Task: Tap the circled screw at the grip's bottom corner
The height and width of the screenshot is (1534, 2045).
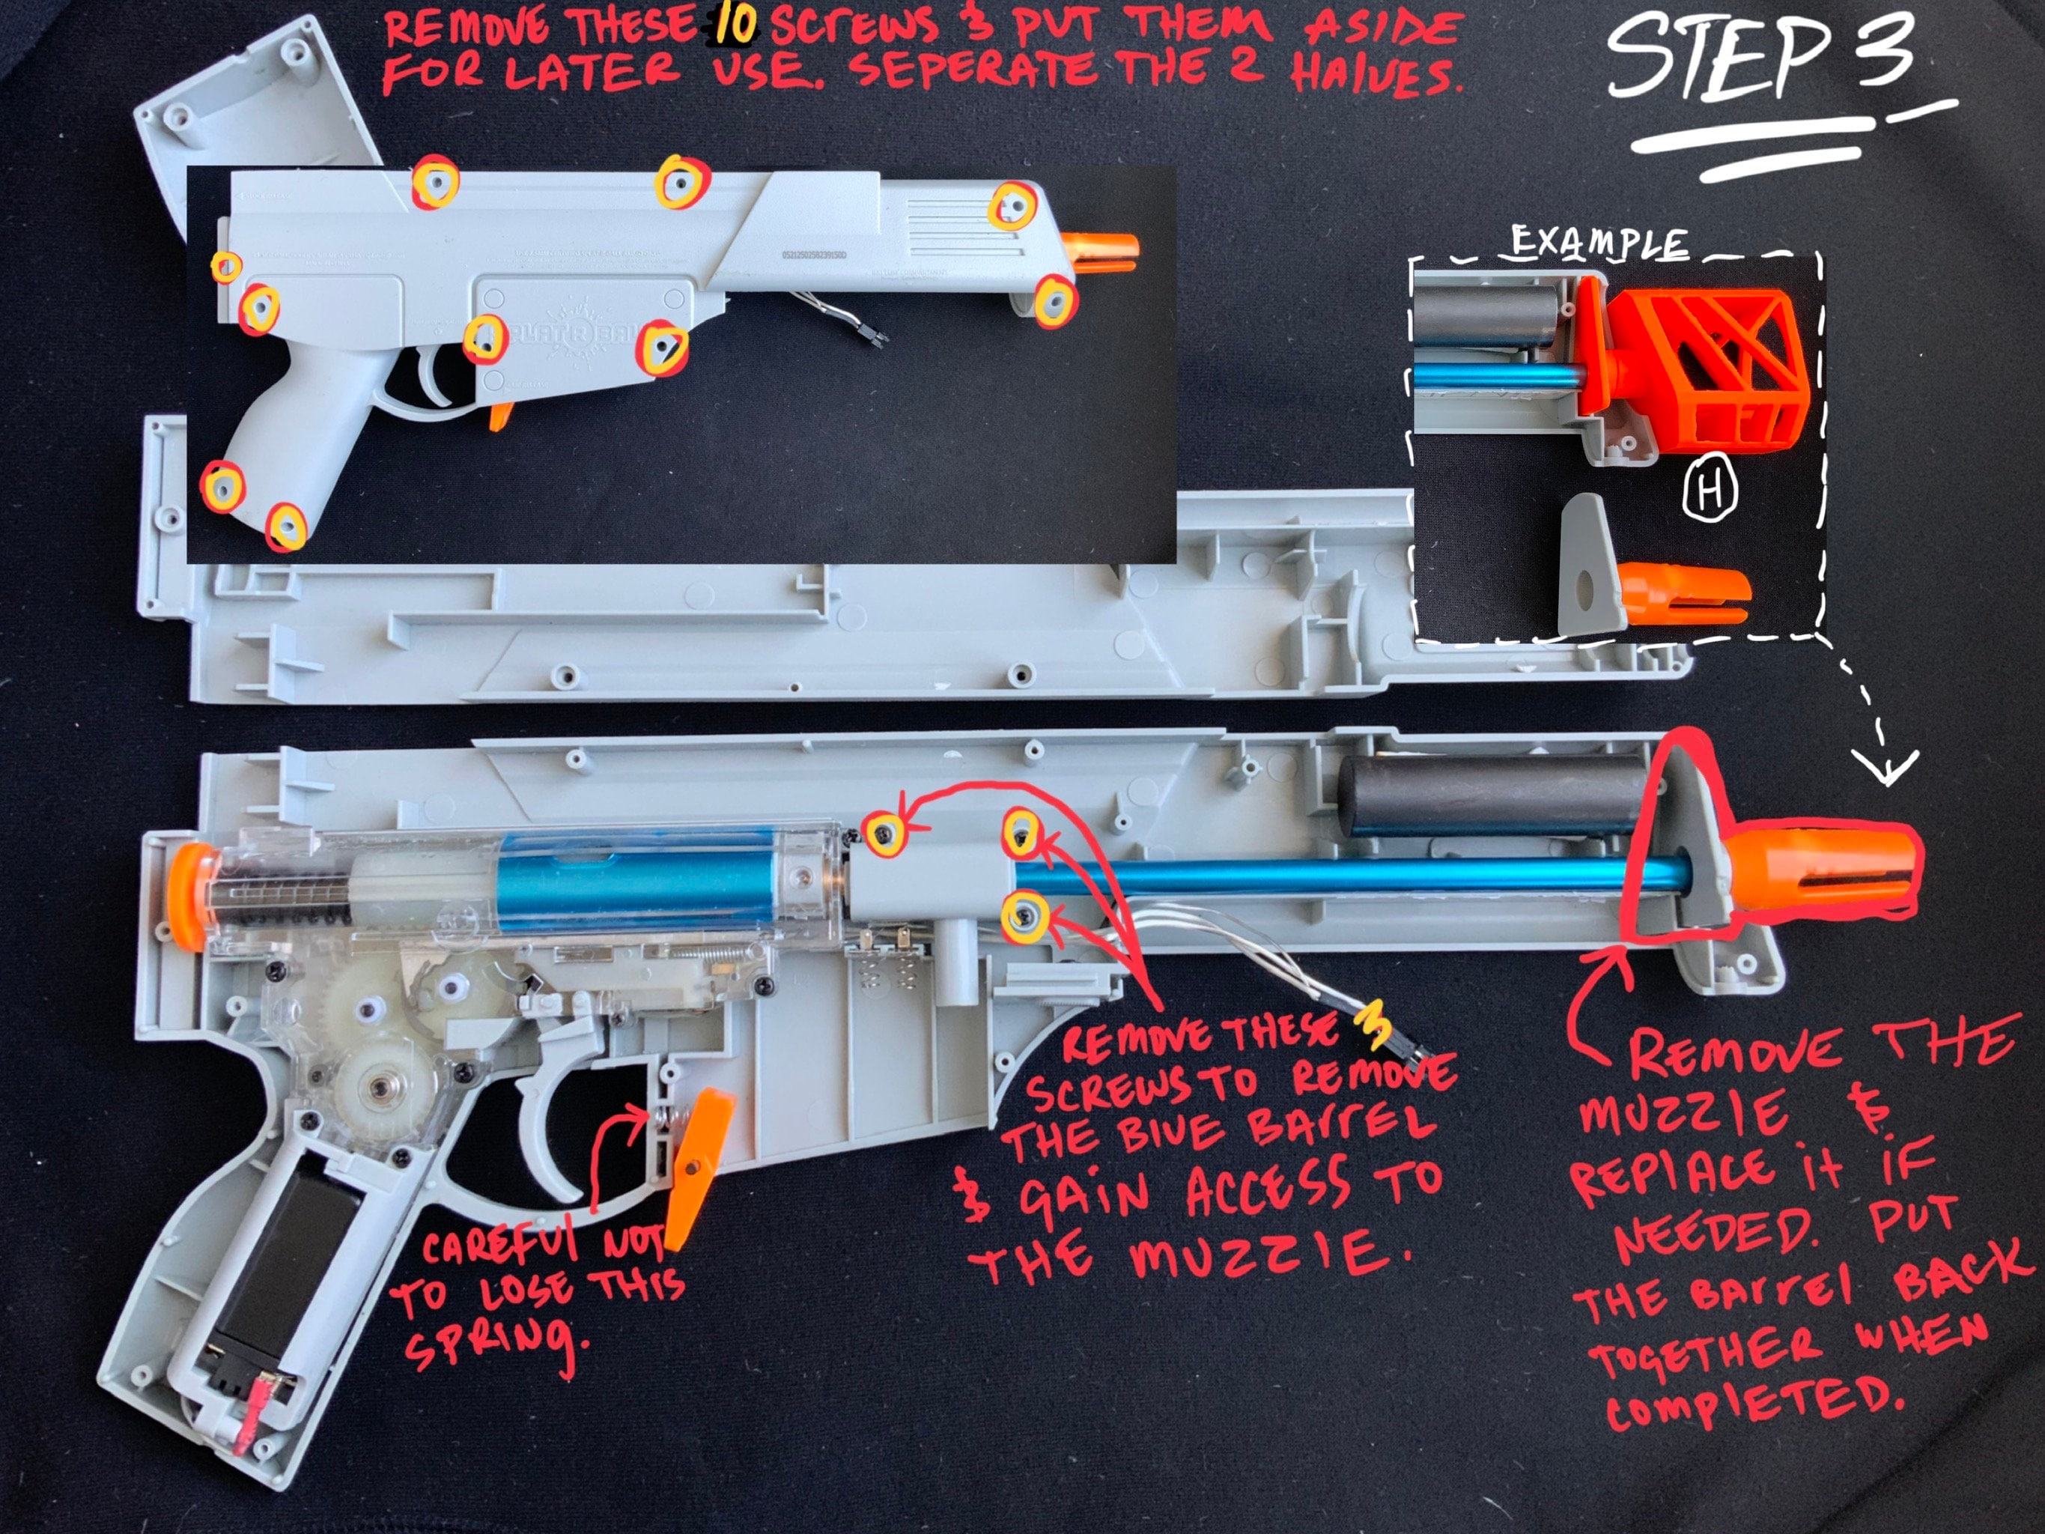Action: click(x=287, y=528)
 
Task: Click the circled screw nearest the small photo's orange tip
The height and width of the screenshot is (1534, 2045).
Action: click(x=1054, y=301)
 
